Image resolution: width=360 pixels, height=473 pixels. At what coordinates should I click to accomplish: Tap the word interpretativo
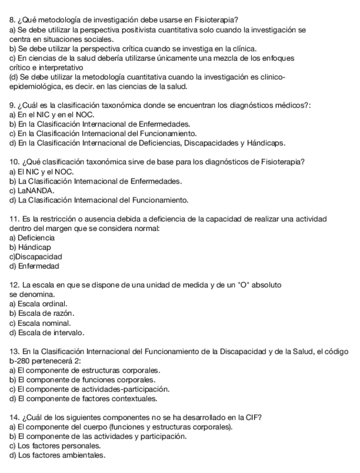click(58, 67)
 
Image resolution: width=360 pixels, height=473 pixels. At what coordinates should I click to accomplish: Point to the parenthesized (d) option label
click(14, 77)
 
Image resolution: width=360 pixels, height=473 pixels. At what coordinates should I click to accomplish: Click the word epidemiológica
click(35, 86)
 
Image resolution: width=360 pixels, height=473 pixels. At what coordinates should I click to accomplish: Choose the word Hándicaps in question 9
click(266, 142)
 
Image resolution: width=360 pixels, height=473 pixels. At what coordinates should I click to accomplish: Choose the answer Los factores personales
click(55, 446)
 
